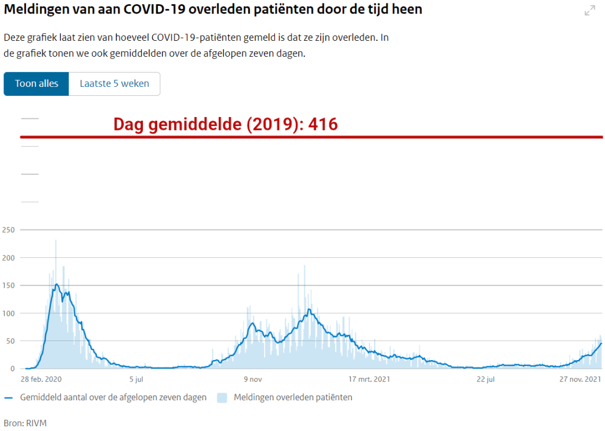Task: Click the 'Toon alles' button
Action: coord(37,83)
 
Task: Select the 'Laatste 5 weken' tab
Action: coord(115,83)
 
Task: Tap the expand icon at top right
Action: coord(590,11)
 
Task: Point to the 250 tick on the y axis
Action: coord(8,229)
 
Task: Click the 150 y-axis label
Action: coord(8,285)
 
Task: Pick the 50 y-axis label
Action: coord(11,341)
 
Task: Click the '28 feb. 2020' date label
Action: coord(41,379)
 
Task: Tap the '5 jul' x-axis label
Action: coord(136,379)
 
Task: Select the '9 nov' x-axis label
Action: coord(252,379)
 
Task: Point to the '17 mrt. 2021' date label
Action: coord(369,379)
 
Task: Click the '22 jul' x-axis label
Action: coord(486,379)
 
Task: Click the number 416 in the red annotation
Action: coord(323,124)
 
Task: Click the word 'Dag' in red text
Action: coord(129,124)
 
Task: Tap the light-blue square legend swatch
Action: coord(222,397)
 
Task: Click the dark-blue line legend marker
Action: coord(8,397)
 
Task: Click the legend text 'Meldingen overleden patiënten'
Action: coord(293,397)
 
